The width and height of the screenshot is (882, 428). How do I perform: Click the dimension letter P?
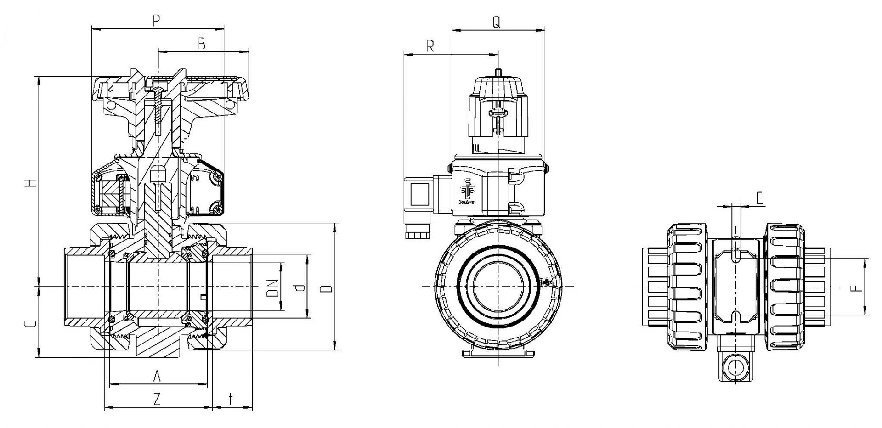(157, 21)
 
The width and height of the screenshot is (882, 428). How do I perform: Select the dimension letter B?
(201, 44)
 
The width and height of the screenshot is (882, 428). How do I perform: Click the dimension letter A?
(157, 377)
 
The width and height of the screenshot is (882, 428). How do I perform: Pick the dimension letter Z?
(157, 400)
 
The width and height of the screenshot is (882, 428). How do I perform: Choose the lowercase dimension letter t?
(231, 399)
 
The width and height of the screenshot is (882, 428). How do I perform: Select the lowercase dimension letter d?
(300, 288)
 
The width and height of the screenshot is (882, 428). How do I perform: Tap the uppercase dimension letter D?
(326, 288)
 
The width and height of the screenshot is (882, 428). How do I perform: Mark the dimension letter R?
(430, 46)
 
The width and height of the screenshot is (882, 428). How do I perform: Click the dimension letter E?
(759, 198)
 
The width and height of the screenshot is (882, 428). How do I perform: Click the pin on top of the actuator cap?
(498, 73)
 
